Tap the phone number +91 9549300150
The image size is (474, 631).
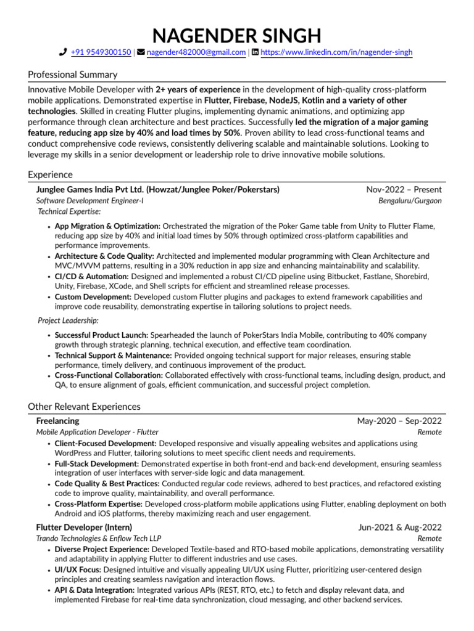coord(101,53)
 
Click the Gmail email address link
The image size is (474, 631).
coord(196,53)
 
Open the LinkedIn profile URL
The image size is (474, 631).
coord(336,53)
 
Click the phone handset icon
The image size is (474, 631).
coord(63,53)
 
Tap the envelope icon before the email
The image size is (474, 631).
coord(141,53)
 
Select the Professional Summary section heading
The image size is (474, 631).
coord(73,75)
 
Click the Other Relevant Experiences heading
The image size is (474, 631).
coord(84,407)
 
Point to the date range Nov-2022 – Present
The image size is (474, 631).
coord(404,189)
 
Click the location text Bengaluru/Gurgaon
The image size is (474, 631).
coord(410,201)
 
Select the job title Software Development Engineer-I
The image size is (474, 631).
coord(90,201)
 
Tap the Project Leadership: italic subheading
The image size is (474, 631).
coord(68,320)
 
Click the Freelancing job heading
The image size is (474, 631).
coord(57,421)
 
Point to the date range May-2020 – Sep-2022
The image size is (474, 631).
coord(399,421)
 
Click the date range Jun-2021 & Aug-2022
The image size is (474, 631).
coord(400,527)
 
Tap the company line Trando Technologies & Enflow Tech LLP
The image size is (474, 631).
coord(98,539)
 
